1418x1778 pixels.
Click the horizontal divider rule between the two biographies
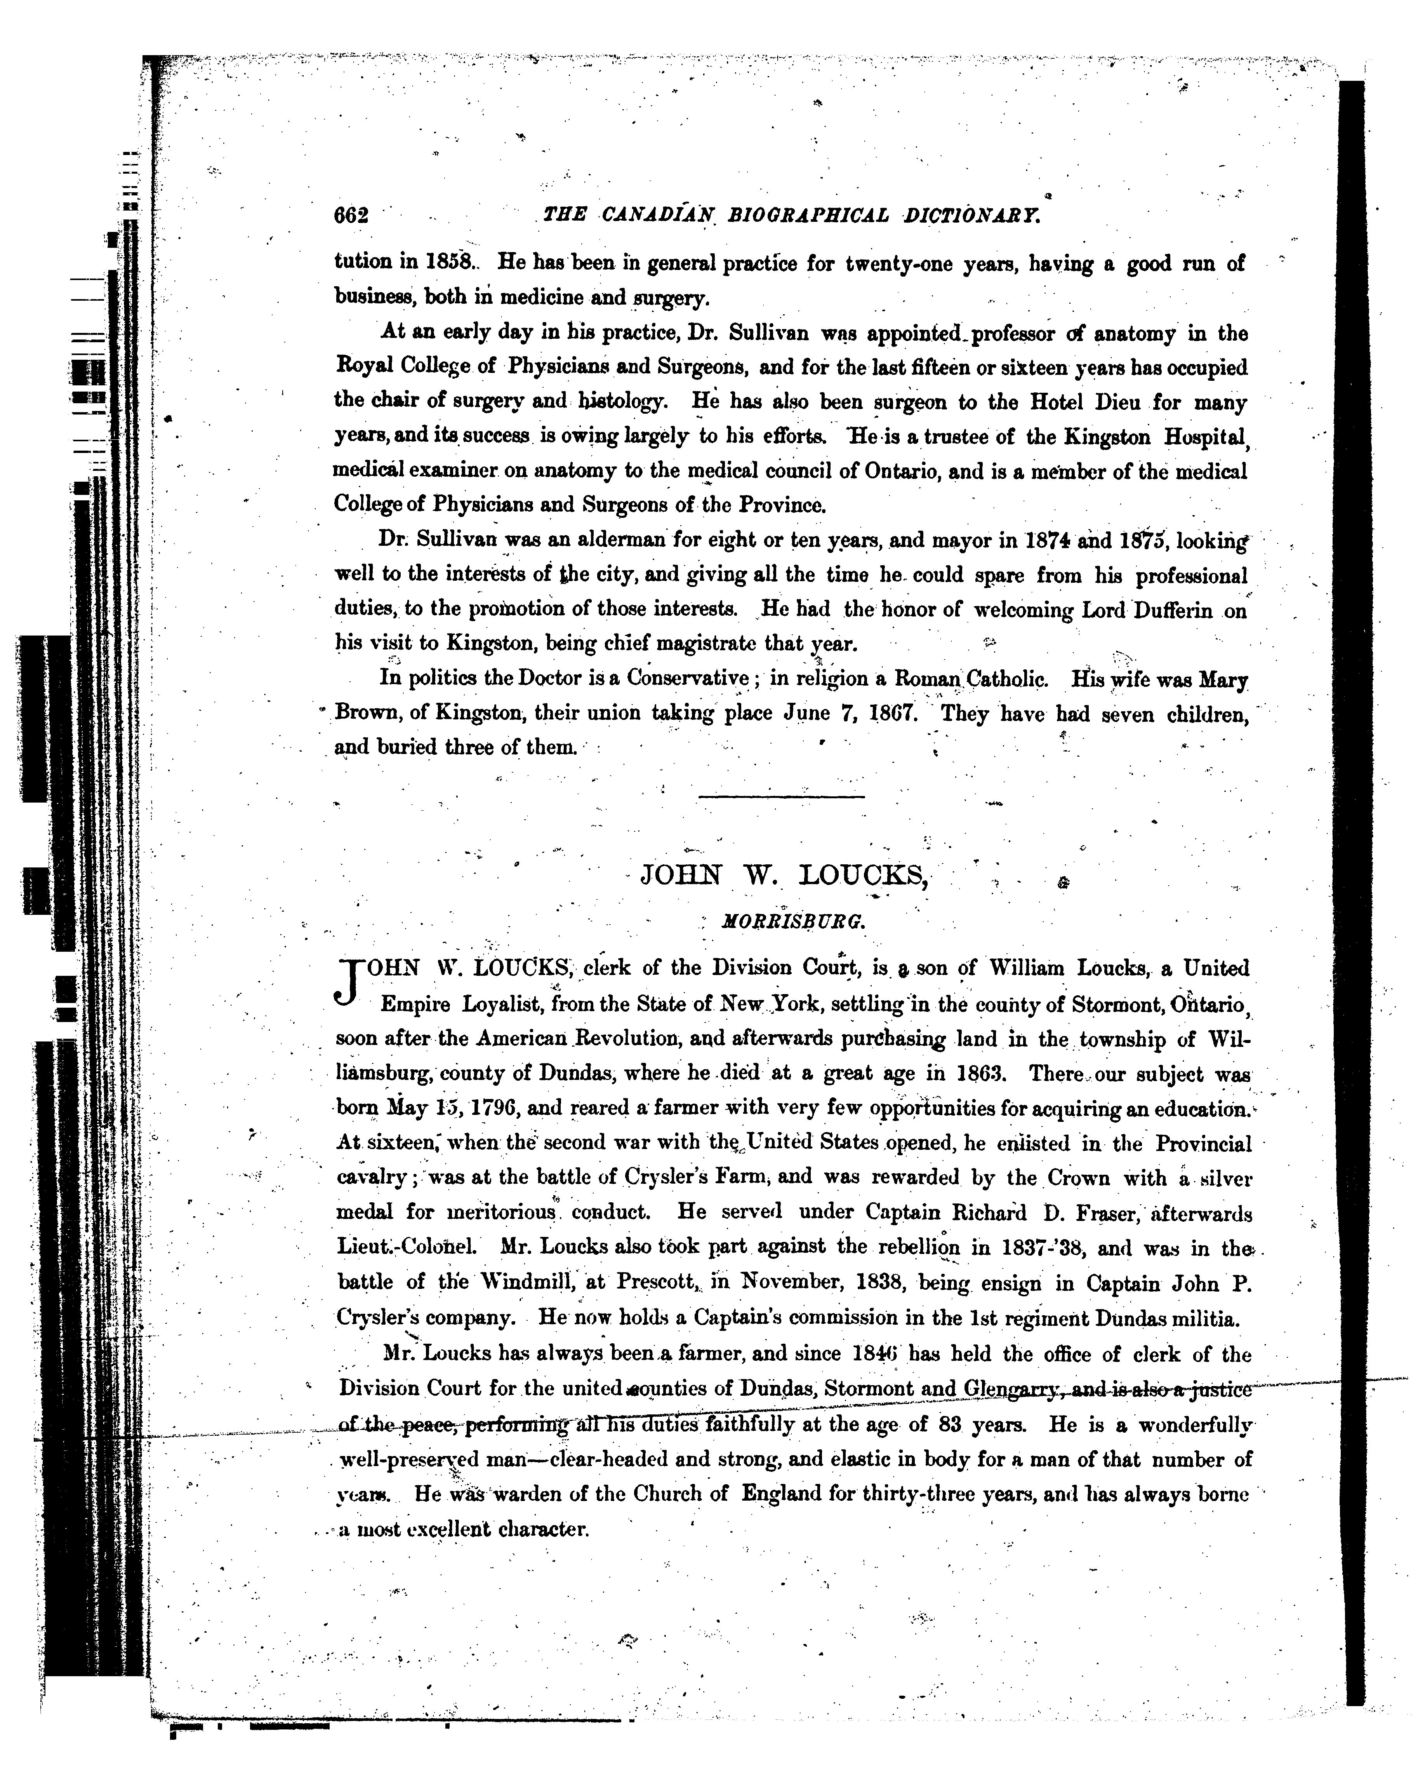click(x=782, y=796)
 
